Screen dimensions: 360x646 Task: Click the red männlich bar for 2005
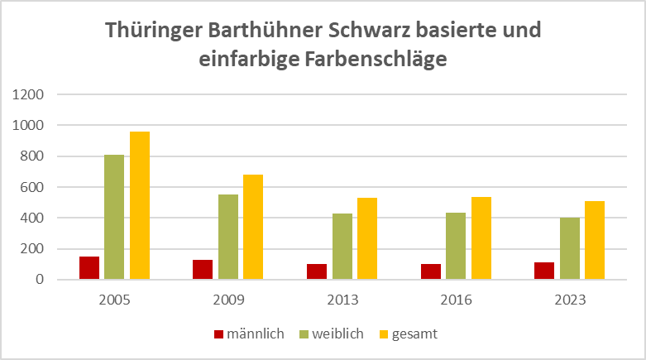click(89, 268)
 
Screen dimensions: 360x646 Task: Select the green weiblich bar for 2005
click(114, 217)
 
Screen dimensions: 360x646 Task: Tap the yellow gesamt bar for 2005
click(140, 205)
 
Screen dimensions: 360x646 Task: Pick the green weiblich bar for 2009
click(228, 237)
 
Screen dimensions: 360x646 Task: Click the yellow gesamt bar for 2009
click(253, 227)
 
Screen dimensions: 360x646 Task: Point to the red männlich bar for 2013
click(316, 271)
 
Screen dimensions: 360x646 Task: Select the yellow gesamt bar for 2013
click(367, 238)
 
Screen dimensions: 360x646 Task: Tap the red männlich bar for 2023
click(544, 271)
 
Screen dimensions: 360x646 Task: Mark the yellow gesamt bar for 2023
click(595, 240)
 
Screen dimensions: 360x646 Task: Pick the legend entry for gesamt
click(407, 334)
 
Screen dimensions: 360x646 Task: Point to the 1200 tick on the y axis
click(30, 94)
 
